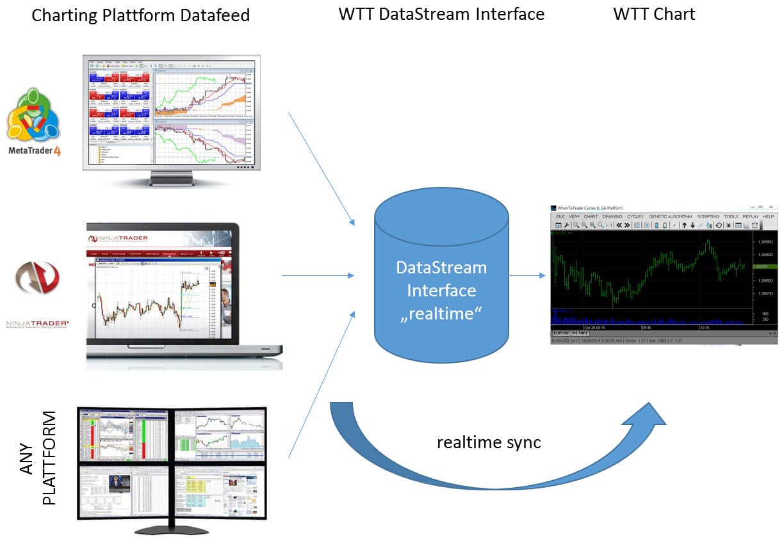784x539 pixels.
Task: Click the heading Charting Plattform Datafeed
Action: point(140,15)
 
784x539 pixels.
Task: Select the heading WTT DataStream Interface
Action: point(441,14)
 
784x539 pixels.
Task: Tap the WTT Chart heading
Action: point(653,14)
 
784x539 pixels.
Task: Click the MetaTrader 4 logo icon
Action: point(33,116)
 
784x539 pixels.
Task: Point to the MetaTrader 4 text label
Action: point(33,150)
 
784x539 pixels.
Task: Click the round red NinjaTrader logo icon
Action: point(38,277)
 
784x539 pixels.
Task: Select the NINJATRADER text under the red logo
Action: point(38,323)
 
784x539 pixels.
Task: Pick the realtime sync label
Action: point(489,442)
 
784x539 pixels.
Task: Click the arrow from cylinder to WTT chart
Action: point(528,276)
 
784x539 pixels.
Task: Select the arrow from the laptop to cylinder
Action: point(318,276)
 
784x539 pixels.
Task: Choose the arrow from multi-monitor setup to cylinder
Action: point(320,384)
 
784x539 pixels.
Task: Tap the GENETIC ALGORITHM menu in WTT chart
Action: point(670,216)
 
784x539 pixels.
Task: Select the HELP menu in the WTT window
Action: point(768,216)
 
